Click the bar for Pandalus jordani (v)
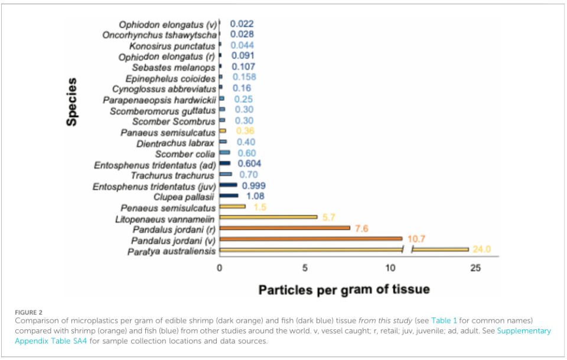311,239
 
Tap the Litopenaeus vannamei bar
268,217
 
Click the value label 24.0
482,250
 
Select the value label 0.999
254,185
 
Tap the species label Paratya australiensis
171,252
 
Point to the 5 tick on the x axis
305,269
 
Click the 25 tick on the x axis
475,269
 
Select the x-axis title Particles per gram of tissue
344,290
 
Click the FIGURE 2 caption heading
28,310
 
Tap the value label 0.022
242,24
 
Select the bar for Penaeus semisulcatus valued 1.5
233,207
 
